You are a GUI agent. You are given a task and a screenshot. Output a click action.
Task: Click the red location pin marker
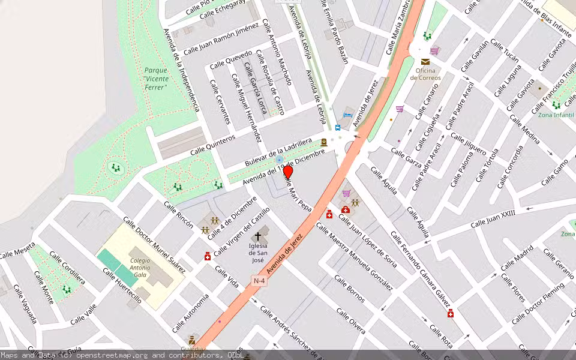pos(287,173)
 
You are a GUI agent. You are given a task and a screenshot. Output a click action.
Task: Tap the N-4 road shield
pos(259,281)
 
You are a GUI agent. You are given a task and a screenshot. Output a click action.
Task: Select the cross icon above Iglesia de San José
pos(258,236)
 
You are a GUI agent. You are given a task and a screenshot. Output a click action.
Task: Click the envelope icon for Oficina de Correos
pos(425,62)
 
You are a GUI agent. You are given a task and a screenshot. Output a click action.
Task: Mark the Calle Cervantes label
pos(220,101)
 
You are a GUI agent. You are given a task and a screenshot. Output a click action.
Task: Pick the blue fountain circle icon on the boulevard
pos(279,160)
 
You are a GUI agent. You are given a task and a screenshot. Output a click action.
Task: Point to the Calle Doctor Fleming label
pos(538,303)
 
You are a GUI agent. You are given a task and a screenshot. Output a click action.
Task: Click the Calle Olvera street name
pos(350,321)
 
